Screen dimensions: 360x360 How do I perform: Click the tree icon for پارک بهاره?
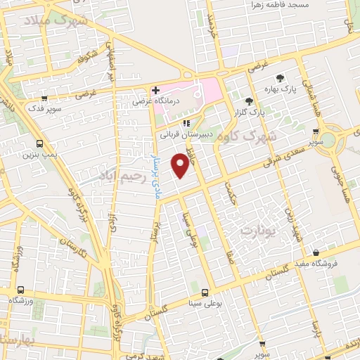[280, 78]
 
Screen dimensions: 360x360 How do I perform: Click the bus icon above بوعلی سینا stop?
[205, 292]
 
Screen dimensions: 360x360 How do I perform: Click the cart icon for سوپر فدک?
[45, 99]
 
